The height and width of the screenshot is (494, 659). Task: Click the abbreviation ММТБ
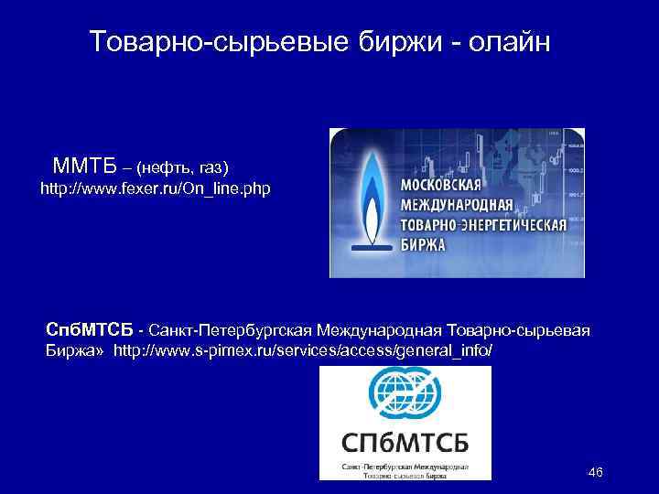[85, 166]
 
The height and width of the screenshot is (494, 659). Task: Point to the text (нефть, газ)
[182, 168]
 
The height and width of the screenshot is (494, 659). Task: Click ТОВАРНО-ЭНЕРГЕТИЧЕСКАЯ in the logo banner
[484, 224]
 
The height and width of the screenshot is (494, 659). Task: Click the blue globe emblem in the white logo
[405, 394]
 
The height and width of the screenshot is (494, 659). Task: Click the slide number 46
[595, 472]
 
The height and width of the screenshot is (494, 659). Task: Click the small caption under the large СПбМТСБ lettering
[405, 470]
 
